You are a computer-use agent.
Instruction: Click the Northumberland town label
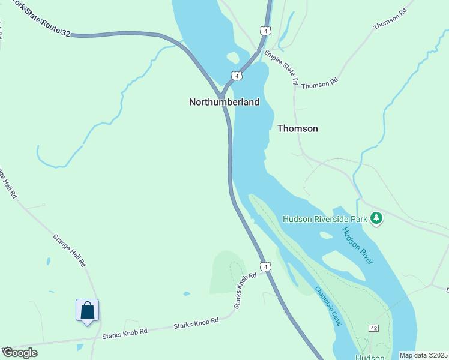[224, 102]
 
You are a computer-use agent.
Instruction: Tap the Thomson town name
[297, 128]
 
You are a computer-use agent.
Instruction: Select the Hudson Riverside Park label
[324, 219]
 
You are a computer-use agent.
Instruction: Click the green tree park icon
[376, 218]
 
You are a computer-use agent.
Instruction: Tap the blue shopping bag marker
[87, 311]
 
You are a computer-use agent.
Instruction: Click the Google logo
[20, 352]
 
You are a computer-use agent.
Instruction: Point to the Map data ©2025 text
[423, 355]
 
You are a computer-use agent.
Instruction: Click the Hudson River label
[358, 245]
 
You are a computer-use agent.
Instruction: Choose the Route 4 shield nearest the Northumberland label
[237, 76]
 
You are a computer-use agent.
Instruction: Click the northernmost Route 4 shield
[265, 30]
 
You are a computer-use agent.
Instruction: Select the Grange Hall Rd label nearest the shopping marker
[70, 250]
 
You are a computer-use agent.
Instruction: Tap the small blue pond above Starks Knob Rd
[187, 294]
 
